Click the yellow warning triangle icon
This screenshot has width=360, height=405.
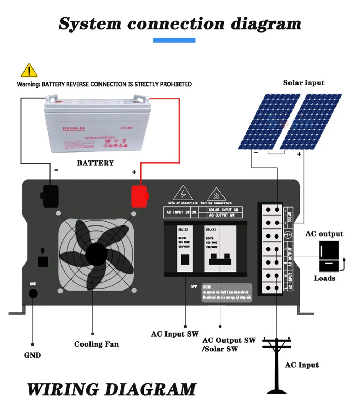click(29, 71)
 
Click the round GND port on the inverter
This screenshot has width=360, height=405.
click(33, 294)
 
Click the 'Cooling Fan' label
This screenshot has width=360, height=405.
click(96, 344)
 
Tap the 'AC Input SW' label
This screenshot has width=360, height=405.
click(175, 334)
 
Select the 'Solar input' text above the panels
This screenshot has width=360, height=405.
click(304, 83)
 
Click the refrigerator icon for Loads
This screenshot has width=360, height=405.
click(329, 256)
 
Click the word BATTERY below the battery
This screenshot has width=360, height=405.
click(95, 163)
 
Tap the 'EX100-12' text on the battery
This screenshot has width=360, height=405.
click(74, 129)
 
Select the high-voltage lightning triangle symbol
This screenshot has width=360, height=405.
click(183, 193)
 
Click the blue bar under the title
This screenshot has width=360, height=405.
click(174, 40)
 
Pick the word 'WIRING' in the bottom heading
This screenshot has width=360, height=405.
click(66, 389)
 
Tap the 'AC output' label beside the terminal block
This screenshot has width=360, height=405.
click(324, 234)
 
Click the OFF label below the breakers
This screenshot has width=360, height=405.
click(194, 287)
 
